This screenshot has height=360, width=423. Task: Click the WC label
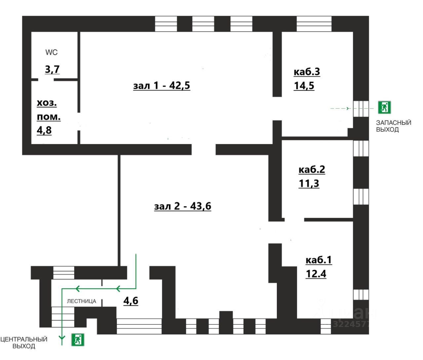tap(51, 52)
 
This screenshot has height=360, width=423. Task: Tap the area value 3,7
tap(52, 69)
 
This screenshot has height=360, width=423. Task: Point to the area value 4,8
tap(44, 130)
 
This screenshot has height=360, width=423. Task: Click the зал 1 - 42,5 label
tap(162, 86)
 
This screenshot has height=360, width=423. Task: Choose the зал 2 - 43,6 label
tap(182, 206)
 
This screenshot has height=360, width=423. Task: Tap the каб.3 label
tap(307, 72)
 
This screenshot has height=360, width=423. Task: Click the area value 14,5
tap(304, 86)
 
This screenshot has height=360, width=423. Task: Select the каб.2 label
tap(312, 169)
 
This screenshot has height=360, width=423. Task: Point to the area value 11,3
tap(309, 183)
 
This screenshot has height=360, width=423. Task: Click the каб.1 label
tap(319, 260)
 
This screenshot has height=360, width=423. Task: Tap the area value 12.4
tap(316, 274)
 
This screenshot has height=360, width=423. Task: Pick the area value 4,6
tap(131, 301)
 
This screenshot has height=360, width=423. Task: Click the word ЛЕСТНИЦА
tap(82, 301)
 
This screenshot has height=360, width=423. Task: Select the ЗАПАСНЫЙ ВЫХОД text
tap(393, 126)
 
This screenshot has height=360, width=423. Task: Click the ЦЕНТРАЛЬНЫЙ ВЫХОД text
tap(24, 342)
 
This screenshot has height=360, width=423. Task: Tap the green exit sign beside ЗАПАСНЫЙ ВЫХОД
tap(384, 107)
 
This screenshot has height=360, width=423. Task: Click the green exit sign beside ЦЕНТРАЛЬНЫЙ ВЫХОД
tap(78, 340)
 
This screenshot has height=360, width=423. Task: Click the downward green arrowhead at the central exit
tap(62, 338)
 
